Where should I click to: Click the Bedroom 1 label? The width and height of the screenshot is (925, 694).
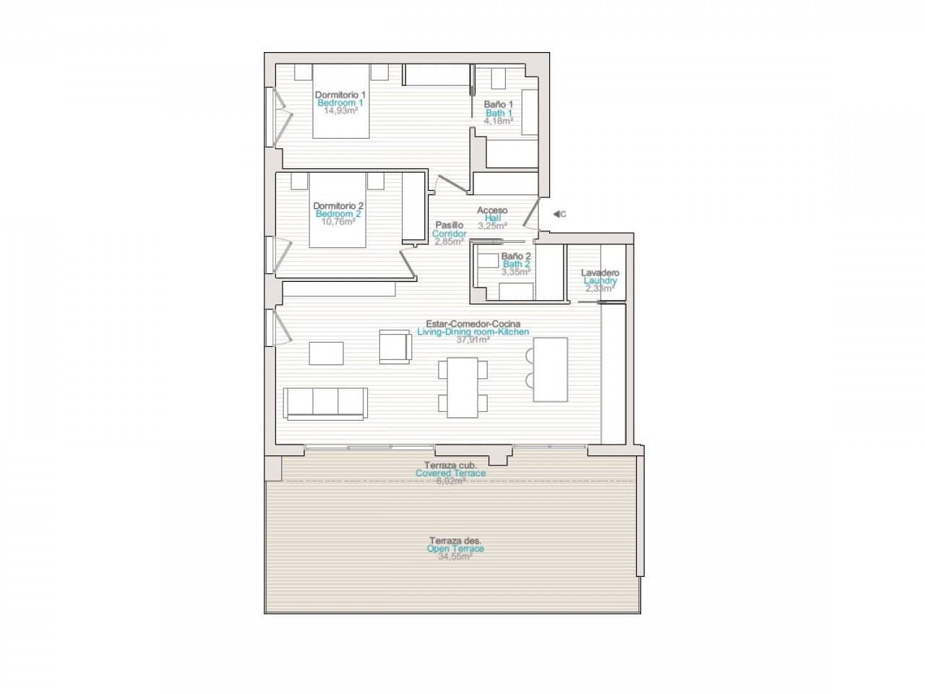coord(340,103)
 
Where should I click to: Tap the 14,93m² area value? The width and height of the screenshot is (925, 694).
coord(341,111)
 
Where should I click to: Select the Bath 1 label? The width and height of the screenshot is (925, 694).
coord(499,113)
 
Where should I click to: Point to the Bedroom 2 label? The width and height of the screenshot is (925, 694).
coord(338,214)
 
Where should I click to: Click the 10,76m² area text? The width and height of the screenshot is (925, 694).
coord(339,222)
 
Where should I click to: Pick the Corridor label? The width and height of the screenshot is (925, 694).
coord(449,234)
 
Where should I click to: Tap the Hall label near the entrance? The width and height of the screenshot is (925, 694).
coord(492,218)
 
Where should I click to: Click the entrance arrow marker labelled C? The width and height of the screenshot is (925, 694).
coord(558,214)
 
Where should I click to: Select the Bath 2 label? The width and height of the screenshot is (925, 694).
coord(517,264)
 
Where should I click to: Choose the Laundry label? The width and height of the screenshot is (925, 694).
coord(600,280)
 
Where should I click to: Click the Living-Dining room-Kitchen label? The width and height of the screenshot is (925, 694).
coord(473,332)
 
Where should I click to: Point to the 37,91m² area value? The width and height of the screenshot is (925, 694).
coord(473,340)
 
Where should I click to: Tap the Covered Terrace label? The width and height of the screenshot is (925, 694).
coord(450,474)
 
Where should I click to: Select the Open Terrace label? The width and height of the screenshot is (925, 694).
coord(455,549)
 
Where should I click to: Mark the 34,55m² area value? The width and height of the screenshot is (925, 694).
coord(455,557)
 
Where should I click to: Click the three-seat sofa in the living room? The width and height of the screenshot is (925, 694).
coord(325,403)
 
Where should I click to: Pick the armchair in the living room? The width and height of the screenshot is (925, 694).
coord(395,346)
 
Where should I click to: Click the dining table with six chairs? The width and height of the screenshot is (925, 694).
coord(462,387)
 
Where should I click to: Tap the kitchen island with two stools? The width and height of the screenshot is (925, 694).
coord(550,369)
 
